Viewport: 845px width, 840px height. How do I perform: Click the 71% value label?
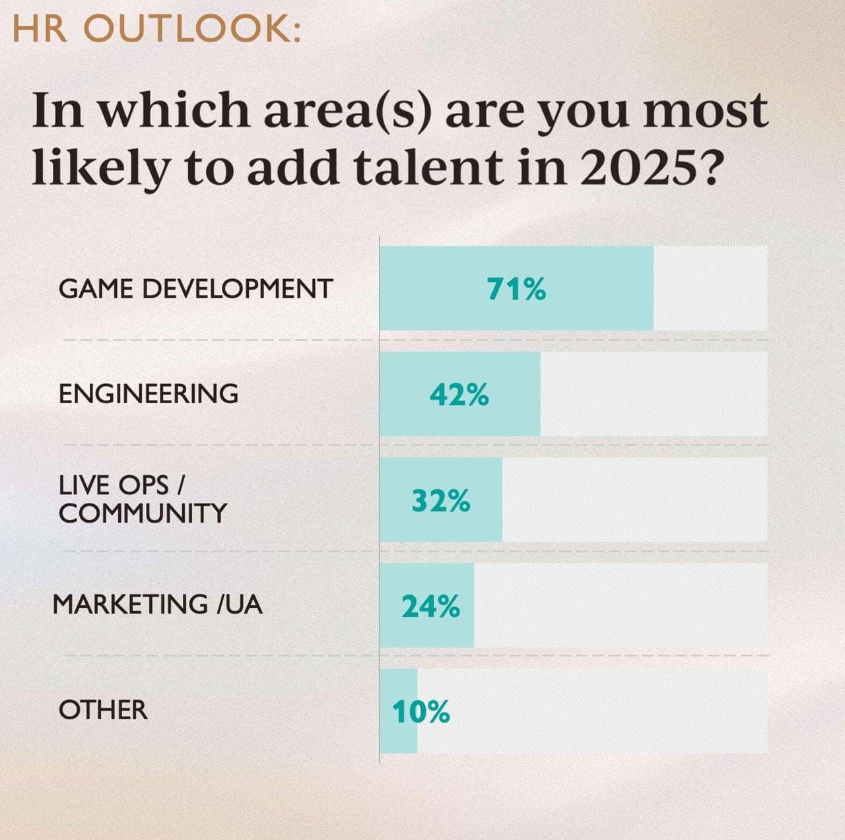tap(516, 289)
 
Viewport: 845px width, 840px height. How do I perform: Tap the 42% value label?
tap(459, 395)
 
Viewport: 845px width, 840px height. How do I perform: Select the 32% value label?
tap(441, 501)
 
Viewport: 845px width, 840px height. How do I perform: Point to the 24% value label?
tap(430, 606)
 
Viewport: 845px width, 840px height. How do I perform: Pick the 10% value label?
tap(421, 712)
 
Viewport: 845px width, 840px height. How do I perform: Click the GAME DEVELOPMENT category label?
tap(196, 289)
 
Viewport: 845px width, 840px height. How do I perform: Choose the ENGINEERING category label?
tap(149, 394)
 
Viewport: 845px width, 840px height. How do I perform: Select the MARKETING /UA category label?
tap(158, 604)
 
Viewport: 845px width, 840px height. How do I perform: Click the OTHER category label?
tap(103, 710)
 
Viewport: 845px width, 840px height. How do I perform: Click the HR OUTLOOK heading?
tap(156, 30)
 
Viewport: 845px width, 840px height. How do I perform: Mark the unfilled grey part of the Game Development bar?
tap(710, 288)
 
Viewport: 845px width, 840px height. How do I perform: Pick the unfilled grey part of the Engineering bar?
tap(654, 394)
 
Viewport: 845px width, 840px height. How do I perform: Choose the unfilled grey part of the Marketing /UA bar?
tap(621, 605)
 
